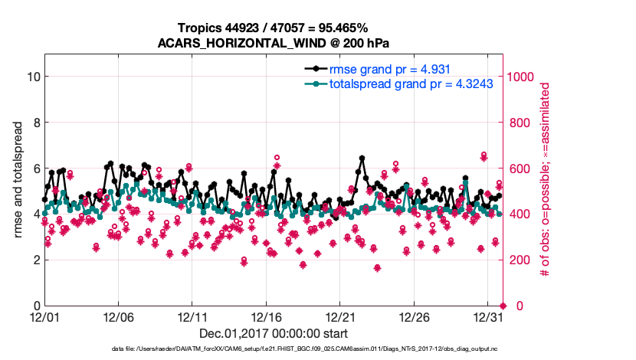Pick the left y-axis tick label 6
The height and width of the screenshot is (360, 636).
coord(34,169)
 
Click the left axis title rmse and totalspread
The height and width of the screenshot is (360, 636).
coord(18,179)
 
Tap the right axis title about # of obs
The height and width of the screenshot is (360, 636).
coord(546,179)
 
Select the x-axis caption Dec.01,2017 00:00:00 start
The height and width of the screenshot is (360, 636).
coord(274,334)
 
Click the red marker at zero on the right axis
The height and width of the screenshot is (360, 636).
coord(503,306)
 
